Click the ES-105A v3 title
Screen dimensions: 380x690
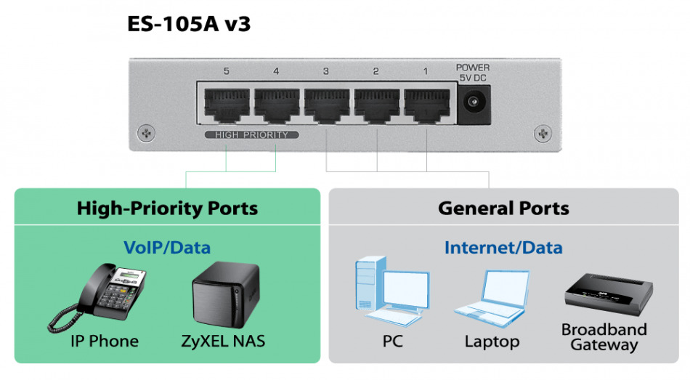click(x=189, y=24)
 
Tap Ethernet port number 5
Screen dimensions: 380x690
click(x=226, y=106)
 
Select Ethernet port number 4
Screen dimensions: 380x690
click(x=276, y=106)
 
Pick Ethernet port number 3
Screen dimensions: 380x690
click(x=326, y=106)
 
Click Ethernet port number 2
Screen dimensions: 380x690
click(x=376, y=106)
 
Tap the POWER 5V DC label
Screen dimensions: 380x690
click(x=474, y=72)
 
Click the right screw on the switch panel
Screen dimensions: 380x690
click(x=542, y=133)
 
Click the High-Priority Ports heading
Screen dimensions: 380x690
click(x=167, y=209)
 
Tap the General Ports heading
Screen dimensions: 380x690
click(x=503, y=209)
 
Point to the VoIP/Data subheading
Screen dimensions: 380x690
click(x=167, y=248)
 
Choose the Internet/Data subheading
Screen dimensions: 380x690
click(x=503, y=248)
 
